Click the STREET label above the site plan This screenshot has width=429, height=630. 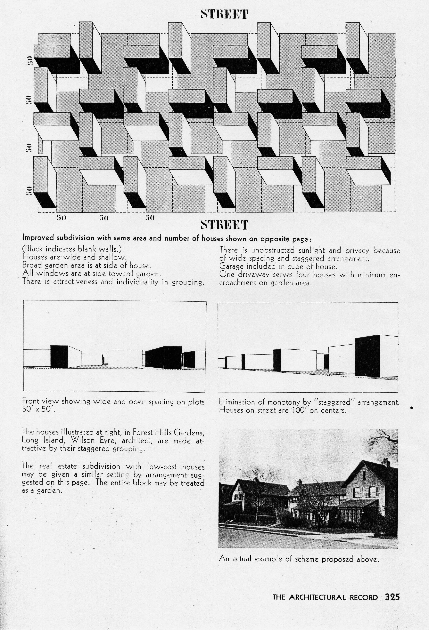pyautogui.click(x=224, y=14)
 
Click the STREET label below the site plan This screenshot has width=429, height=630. pyautogui.click(x=224, y=225)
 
